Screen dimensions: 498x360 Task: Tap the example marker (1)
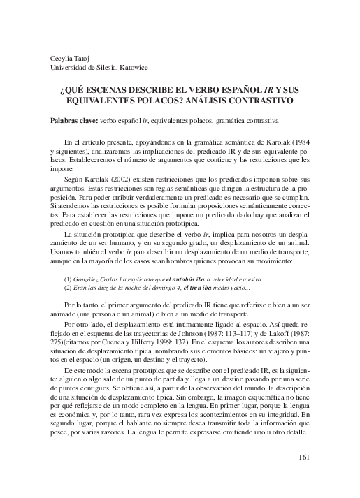(x=69, y=278)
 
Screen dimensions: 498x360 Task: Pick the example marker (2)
(x=69, y=288)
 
